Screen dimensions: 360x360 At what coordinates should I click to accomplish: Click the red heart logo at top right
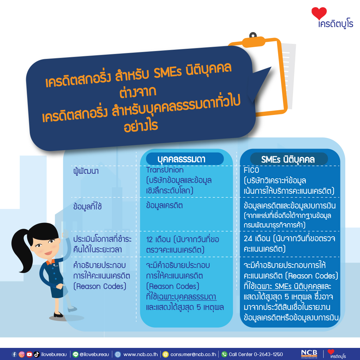[x=319, y=13]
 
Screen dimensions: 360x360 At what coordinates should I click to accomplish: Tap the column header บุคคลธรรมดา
[x=181, y=159]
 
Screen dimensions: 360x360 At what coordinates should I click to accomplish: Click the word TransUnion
[x=165, y=170]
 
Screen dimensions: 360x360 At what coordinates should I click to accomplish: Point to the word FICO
[x=251, y=170]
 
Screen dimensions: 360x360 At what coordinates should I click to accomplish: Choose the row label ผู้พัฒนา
[x=86, y=171]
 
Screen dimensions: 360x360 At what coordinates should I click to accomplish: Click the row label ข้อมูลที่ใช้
[x=87, y=206]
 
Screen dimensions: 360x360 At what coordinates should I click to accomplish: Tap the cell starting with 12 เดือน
[x=183, y=244]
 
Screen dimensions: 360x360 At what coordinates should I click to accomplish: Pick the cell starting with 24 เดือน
[x=289, y=243]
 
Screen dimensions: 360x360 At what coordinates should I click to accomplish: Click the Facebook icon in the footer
[x=14, y=354]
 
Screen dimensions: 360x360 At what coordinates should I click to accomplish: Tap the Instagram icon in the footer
[x=22, y=354]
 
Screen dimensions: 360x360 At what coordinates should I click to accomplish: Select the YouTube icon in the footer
[x=29, y=354]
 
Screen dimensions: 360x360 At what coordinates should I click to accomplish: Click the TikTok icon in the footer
[x=37, y=354]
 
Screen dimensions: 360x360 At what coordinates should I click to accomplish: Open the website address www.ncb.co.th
[x=140, y=354]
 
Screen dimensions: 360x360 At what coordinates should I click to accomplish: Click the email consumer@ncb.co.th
[x=193, y=354]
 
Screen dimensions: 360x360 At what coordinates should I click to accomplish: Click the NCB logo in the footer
[x=309, y=354]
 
